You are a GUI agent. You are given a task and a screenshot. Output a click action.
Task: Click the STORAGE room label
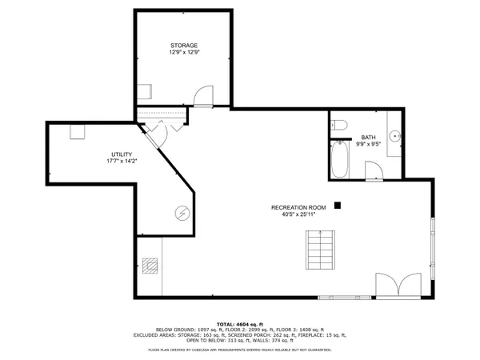tap(183, 45)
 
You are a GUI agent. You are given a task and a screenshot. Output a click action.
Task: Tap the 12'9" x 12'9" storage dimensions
tap(183, 52)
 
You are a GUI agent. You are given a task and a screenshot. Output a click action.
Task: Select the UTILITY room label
tap(121, 154)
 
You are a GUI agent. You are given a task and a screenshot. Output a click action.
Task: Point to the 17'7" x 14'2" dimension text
tap(121, 161)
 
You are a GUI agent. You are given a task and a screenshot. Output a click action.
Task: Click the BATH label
tap(368, 137)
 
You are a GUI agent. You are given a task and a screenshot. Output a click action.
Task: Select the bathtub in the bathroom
tap(339, 159)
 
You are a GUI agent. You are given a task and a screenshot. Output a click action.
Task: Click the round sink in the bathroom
tap(395, 137)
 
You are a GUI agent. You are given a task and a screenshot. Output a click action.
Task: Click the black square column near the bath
tap(338, 205)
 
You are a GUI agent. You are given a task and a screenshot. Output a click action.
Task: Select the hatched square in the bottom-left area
tap(151, 266)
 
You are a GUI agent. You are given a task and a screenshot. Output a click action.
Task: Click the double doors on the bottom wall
tap(398, 286)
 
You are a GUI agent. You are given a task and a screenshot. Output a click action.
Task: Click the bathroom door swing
tap(373, 170)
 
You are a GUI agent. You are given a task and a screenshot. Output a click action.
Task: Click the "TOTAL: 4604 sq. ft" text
tap(239, 322)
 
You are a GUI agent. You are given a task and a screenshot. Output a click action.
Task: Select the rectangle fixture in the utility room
tap(78, 132)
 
